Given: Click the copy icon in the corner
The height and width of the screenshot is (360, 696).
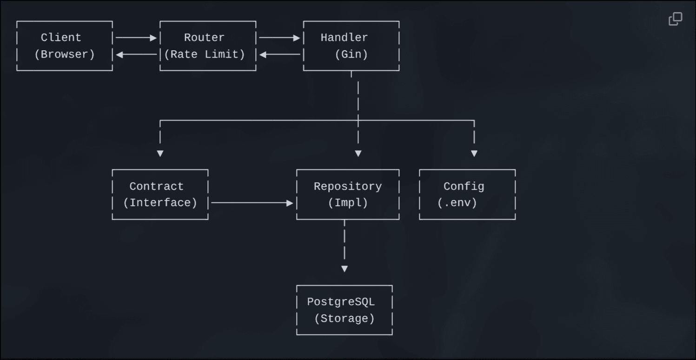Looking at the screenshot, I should point(675,19).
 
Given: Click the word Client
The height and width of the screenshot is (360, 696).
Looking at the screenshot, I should point(61,38).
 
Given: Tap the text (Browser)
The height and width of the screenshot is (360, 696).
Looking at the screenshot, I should point(65,54).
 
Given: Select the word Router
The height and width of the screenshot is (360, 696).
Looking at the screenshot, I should point(204,38).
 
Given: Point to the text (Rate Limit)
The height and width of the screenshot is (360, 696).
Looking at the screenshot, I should point(205,54).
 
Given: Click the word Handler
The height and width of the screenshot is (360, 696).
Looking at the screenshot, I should point(344,38).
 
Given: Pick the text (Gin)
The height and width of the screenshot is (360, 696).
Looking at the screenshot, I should point(351,54).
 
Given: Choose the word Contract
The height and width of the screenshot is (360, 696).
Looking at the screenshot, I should point(156,187).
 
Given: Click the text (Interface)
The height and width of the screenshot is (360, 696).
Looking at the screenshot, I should point(160,203).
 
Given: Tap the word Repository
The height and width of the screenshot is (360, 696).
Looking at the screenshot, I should point(348,187).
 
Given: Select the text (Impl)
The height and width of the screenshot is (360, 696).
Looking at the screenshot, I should point(348,203).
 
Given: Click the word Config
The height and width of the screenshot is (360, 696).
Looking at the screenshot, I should point(464,187).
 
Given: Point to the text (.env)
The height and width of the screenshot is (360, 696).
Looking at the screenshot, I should point(457,203).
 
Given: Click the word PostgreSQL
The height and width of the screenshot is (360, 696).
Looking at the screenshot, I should point(341,302).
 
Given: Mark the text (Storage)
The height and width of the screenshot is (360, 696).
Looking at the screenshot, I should point(345,319).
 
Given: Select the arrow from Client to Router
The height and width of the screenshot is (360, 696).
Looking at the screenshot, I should point(136,38).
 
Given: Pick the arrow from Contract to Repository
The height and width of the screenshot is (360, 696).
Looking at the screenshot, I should point(252,203).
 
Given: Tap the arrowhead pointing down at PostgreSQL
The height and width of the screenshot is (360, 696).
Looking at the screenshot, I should point(345,269).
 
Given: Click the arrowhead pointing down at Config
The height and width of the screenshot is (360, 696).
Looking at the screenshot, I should point(474,153).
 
